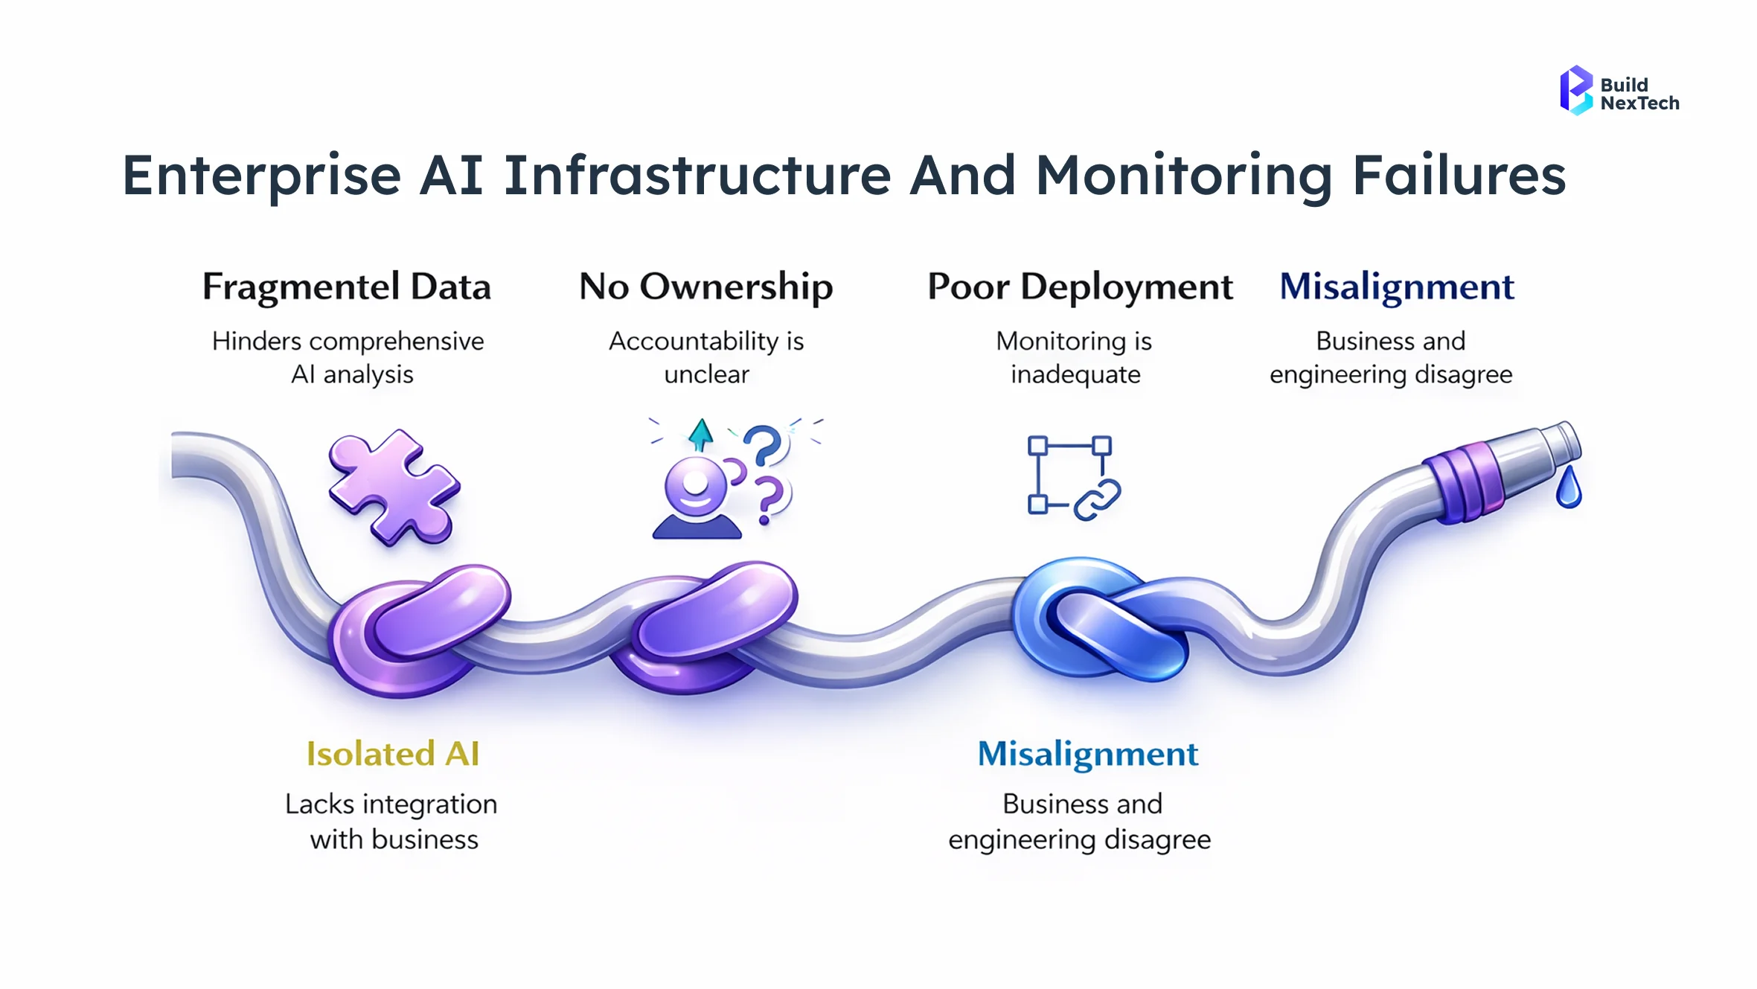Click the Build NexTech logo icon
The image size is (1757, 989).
point(1575,91)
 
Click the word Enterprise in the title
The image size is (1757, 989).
point(261,176)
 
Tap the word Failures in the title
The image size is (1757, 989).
point(1459,176)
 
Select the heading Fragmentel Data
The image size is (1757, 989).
point(347,287)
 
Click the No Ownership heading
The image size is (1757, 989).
point(705,287)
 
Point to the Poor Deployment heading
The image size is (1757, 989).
point(1079,287)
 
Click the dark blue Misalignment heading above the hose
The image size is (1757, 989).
point(1396,287)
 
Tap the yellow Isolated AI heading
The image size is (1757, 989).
point(392,754)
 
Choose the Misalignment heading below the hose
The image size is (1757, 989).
point(1087,754)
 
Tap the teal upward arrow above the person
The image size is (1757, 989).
point(700,435)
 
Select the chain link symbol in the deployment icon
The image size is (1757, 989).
point(1096,500)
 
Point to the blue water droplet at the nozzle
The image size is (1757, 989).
point(1568,490)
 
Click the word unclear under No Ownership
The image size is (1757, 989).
point(706,374)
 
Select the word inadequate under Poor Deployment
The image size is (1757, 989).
point(1075,374)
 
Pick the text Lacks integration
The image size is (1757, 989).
point(391,804)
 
